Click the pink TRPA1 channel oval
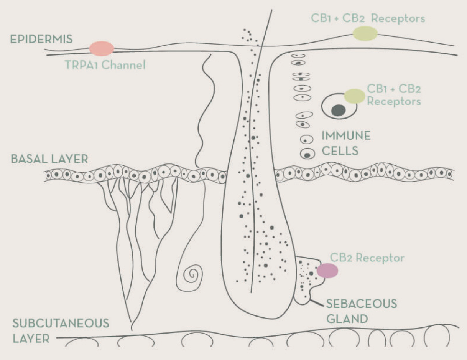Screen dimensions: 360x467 tap(102, 49)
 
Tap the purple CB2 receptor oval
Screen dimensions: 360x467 tap(327, 270)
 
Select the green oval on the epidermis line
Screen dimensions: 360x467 tap(365, 33)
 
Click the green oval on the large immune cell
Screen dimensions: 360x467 tap(354, 96)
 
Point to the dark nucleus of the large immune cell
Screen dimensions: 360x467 tap(339, 111)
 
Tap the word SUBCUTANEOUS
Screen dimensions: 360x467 tap(61, 323)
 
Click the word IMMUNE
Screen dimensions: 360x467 tap(346, 136)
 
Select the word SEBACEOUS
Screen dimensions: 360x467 tap(361, 304)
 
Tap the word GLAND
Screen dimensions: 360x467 tap(347, 319)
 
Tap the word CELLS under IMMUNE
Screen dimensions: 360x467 tap(339, 151)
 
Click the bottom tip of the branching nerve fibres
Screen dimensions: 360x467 tap(133, 329)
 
